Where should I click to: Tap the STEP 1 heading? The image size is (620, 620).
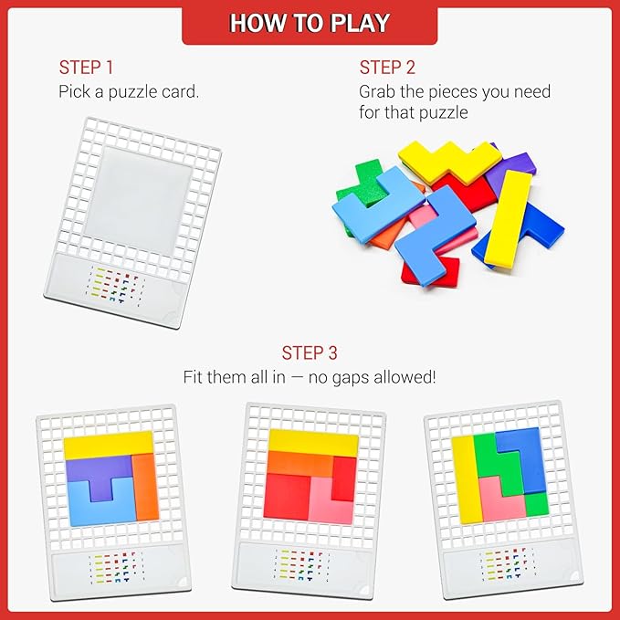tap(86, 68)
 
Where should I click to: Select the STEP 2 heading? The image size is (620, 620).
tap(387, 68)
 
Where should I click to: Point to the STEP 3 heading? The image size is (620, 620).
tap(310, 352)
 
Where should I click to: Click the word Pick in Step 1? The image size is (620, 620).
tap(73, 91)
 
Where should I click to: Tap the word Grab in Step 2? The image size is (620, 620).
tap(377, 91)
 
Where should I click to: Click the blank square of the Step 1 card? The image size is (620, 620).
tap(139, 201)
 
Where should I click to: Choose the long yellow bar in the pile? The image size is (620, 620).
tap(508, 217)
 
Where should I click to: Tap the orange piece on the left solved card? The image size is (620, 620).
tap(145, 488)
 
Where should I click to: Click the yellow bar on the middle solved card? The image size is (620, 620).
tap(313, 443)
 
